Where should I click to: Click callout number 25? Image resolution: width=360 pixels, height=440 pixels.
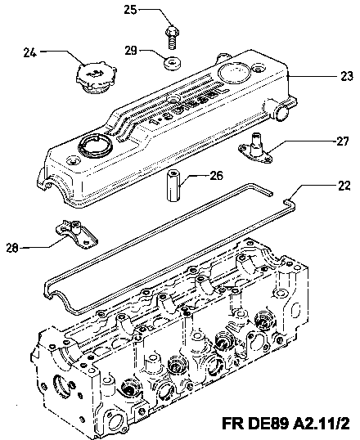coord(131,10)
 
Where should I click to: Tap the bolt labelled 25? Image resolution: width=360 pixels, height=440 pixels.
coord(171,38)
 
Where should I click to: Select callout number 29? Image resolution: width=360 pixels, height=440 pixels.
coord(131,51)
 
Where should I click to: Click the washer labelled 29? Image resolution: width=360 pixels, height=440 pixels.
coord(172,63)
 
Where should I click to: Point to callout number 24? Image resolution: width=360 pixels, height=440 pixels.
coord(30,52)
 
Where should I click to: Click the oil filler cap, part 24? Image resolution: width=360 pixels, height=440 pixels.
coord(96,77)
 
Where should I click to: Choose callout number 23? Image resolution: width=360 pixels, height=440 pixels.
coord(346,76)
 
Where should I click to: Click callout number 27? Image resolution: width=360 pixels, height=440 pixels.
coord(342,141)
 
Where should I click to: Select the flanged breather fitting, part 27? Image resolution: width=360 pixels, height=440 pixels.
coord(255,149)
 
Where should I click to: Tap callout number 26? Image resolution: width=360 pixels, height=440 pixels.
coord(216,175)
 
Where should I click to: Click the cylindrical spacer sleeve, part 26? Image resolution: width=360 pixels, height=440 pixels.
coord(174,185)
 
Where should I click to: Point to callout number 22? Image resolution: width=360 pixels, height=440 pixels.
coord(344,186)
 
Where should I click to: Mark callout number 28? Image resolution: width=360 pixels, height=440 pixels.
coord(12,248)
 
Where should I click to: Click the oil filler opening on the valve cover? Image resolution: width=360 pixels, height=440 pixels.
coord(95,146)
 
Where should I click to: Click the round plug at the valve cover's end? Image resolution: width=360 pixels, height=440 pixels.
coord(281,114)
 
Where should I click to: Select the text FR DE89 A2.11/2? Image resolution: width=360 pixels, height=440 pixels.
coord(286,423)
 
